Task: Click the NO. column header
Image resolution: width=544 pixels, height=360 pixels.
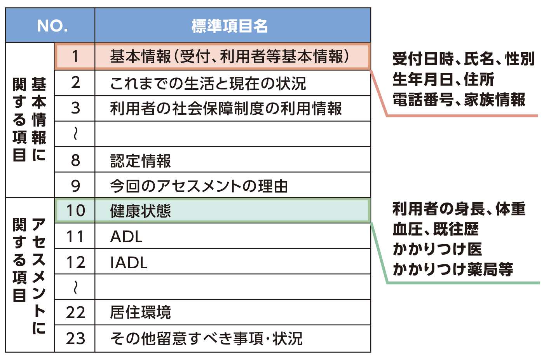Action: tap(52, 26)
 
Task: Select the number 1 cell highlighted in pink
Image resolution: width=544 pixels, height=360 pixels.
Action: tap(75, 57)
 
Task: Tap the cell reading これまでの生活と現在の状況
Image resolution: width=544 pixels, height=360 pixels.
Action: tap(208, 83)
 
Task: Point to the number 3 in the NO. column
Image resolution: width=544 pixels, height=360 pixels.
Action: tap(75, 108)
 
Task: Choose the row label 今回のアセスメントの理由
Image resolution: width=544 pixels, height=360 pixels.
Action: tap(199, 186)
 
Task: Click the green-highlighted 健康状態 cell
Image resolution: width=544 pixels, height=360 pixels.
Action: tap(141, 211)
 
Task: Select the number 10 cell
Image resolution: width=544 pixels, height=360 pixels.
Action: tap(75, 211)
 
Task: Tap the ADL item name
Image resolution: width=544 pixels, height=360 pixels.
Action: tap(126, 236)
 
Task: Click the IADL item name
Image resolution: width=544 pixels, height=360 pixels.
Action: tap(129, 262)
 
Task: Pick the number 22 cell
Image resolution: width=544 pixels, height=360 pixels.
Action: tap(75, 313)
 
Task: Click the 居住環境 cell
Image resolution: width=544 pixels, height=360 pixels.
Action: tap(141, 313)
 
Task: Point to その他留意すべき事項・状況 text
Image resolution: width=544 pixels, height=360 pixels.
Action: tap(206, 338)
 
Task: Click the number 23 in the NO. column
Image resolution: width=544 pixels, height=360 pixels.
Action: tap(75, 338)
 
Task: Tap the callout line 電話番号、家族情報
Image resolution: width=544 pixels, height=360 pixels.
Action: tap(459, 100)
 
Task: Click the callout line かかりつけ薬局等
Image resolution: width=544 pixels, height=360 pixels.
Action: tap(453, 269)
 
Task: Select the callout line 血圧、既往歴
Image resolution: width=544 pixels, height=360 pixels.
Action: tap(435, 229)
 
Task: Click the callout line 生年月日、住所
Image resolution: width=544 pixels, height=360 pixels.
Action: tap(443, 79)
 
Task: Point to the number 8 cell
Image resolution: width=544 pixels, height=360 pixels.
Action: tap(75, 160)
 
